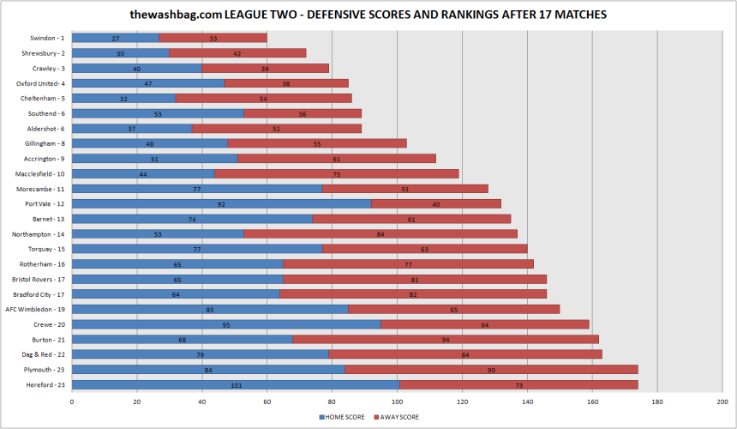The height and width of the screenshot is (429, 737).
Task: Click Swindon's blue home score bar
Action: (x=115, y=38)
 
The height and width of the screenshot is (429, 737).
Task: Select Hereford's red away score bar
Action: (x=518, y=384)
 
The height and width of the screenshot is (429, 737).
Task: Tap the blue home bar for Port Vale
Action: (x=221, y=203)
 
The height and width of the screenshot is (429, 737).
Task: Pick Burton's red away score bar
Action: (x=446, y=339)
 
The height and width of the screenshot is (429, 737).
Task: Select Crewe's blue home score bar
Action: (x=226, y=324)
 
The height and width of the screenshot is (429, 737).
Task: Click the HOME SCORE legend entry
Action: (x=344, y=417)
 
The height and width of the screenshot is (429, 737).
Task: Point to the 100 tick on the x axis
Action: (x=398, y=400)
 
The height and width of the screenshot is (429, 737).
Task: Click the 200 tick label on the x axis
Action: (x=722, y=400)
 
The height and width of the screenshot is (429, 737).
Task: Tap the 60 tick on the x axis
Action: (x=267, y=400)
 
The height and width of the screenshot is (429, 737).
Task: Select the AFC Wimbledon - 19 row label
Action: (x=35, y=309)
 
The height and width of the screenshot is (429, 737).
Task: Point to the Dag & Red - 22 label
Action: (x=43, y=354)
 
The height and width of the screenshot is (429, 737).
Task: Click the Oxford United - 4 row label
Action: (x=41, y=83)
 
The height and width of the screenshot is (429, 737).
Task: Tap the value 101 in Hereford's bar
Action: (x=236, y=384)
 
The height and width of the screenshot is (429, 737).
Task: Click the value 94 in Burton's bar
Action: (x=446, y=339)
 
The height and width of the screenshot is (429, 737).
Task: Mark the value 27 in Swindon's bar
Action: (x=116, y=38)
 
